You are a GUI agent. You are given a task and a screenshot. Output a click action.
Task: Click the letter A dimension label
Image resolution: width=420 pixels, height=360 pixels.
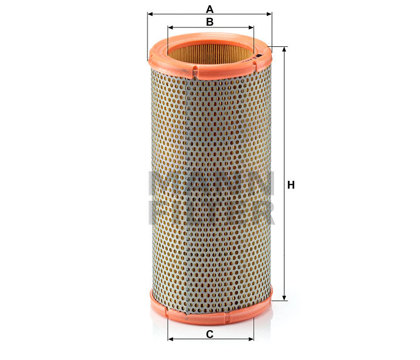point(209,8)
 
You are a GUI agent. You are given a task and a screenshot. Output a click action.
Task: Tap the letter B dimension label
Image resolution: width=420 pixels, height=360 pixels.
point(209,22)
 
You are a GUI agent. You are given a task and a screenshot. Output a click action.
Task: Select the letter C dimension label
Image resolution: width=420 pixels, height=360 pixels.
point(209,334)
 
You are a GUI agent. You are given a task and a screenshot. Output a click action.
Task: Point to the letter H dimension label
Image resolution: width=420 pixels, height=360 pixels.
point(291,185)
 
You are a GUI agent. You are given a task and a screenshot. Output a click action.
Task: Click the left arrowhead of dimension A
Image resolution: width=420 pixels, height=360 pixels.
point(150,13)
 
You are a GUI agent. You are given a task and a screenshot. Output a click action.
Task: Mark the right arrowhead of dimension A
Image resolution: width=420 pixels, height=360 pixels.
point(269,13)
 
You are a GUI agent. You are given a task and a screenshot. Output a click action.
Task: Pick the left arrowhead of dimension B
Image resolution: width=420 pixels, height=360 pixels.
point(170,27)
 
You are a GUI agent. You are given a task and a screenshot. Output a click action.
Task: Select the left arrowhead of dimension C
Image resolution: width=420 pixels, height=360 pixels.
point(170,339)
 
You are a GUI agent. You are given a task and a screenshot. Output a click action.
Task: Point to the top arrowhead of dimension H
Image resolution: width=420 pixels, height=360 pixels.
point(284,50)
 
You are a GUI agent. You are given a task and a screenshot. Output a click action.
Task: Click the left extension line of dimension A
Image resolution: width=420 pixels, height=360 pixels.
point(147,35)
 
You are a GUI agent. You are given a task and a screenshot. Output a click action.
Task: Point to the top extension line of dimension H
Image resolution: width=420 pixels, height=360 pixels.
point(280,46)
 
